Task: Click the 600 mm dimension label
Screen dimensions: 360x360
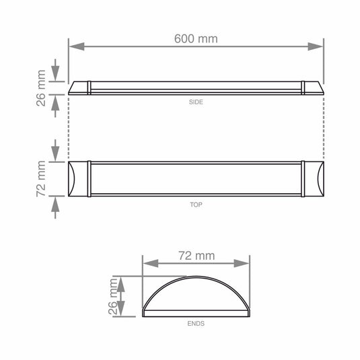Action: coord(196,38)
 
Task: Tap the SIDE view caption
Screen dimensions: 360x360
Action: coord(196,102)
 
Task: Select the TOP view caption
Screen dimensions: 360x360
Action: coord(196,203)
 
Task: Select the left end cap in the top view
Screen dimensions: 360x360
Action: coord(79,179)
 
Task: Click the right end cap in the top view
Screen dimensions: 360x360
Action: coord(314,179)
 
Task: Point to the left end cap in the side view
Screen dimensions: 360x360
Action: coord(79,89)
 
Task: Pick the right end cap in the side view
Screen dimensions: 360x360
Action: coord(313,89)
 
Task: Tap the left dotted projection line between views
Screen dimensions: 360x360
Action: coord(69,128)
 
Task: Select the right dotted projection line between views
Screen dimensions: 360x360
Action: coord(324,128)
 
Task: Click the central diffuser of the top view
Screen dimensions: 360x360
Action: coord(196,179)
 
